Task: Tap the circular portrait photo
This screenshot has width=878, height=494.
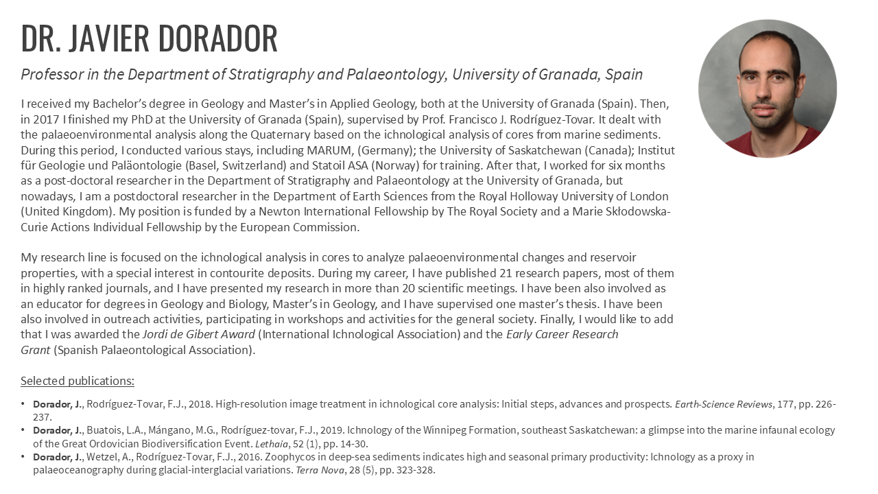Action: point(767,89)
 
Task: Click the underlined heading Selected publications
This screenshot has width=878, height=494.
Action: point(78,381)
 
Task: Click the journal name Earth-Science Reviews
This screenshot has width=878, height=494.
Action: point(724,404)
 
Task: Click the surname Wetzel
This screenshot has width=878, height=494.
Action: point(102,456)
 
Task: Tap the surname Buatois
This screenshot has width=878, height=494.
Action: point(105,430)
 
